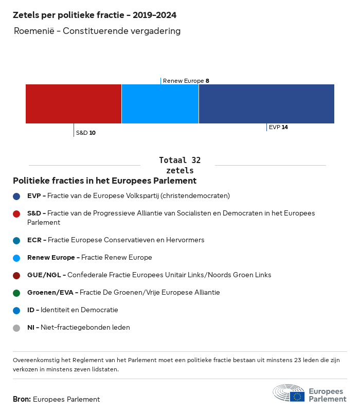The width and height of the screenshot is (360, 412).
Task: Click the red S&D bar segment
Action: pos(74,104)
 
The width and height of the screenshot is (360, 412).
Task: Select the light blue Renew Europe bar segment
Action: pos(160,104)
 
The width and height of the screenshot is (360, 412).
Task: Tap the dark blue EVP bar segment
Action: pos(266,104)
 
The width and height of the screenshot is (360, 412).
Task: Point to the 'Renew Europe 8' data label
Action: pos(186,81)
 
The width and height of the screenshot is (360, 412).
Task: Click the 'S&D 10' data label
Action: pos(86,133)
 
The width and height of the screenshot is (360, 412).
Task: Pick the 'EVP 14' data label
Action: pos(278,127)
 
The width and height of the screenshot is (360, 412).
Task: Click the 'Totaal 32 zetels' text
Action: pos(179,165)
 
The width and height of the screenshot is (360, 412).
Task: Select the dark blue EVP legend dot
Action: pos(16,196)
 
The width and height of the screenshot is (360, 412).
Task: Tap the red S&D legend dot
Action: pos(16,213)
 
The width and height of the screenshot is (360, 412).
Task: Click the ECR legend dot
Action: pos(16,240)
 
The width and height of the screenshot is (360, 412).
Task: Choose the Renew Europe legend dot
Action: pos(16,258)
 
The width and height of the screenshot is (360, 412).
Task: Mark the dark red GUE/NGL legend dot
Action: pos(16,275)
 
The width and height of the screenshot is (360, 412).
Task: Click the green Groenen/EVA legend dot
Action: pos(16,293)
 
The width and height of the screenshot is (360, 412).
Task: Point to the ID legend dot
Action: pos(16,310)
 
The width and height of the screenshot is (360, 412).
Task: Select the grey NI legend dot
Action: pos(16,328)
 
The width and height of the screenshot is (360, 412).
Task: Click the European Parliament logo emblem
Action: pos(289,393)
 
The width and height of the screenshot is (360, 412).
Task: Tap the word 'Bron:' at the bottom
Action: pos(22,399)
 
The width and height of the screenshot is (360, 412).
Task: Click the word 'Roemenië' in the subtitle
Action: pos(34,31)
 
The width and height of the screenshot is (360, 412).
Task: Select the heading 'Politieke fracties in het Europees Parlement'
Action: pos(104,181)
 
